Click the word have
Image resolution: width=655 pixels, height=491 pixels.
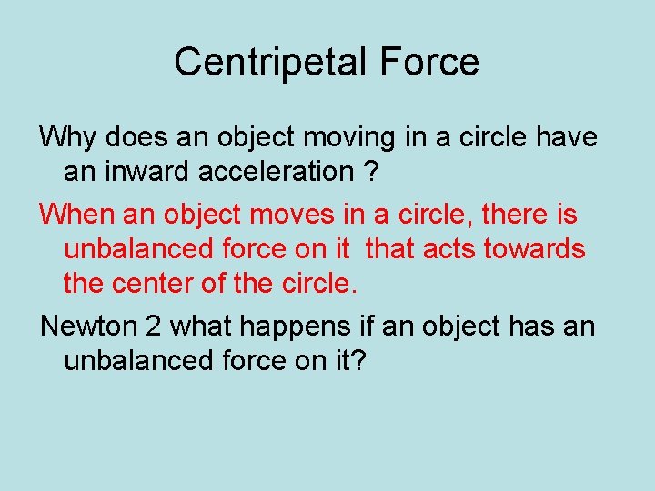click(x=566, y=137)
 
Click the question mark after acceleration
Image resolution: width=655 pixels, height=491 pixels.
click(x=371, y=170)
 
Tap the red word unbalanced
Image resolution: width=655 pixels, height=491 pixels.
click(x=137, y=248)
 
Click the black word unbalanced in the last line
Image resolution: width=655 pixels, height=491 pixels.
click(x=137, y=360)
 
